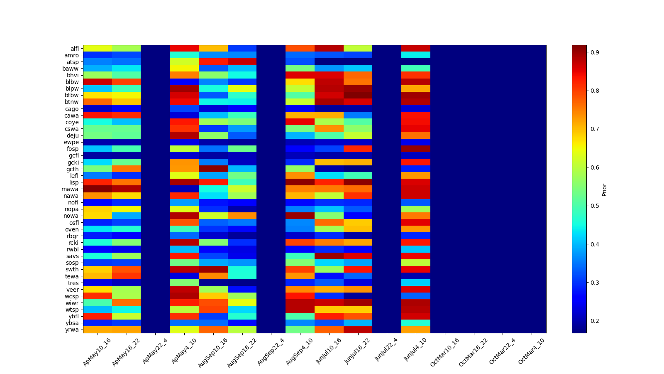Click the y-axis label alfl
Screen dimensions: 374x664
74,49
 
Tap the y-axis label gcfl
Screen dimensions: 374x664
74,156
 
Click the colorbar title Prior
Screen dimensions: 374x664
604,189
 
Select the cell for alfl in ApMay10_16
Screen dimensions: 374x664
98,49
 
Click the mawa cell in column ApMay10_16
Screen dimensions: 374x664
98,189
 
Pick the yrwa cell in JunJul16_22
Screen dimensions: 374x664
358,330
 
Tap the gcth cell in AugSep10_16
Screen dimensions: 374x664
213,169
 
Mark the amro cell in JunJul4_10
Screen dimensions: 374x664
416,55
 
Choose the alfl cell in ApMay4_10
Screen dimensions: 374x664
184,49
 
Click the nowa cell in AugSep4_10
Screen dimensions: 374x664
300,216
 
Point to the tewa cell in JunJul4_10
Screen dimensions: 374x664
416,276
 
